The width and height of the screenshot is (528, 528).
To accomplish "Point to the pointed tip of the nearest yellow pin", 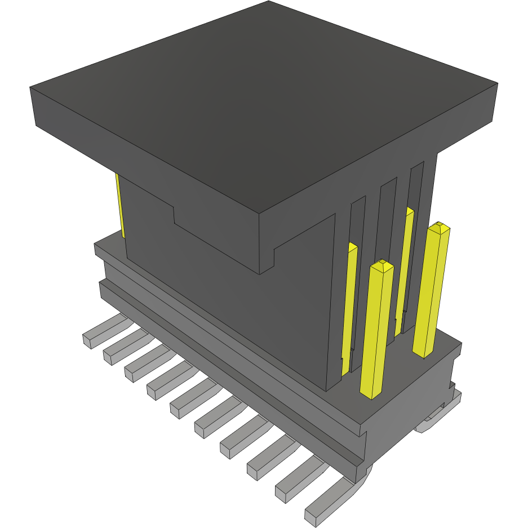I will point(383,263).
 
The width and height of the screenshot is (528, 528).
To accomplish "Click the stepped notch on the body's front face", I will point(175,214).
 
